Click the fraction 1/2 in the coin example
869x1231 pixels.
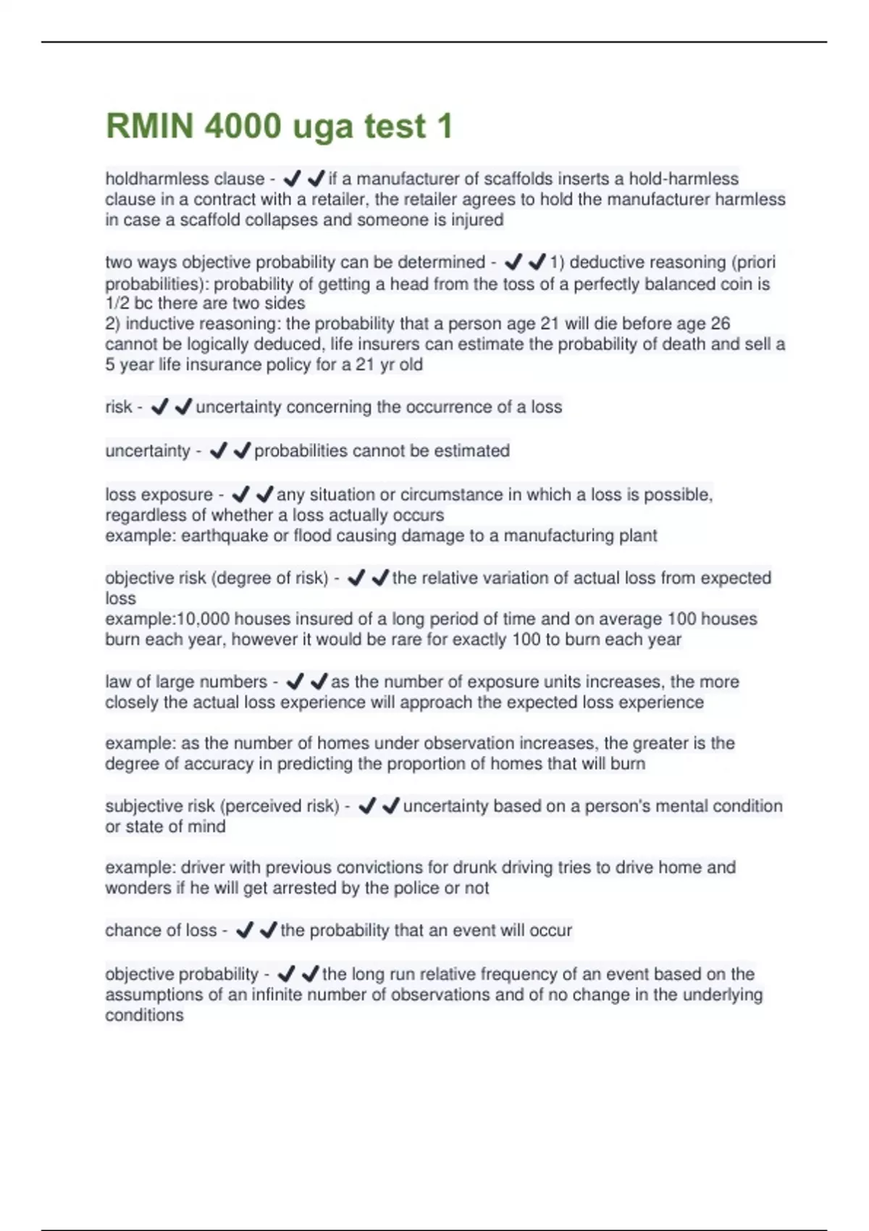tap(117, 303)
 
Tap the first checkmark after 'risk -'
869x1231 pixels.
tap(159, 408)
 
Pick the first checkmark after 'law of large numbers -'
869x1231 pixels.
tap(295, 682)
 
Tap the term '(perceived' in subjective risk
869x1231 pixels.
tap(259, 806)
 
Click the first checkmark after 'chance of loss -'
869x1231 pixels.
tap(244, 930)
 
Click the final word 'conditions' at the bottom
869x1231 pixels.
tap(144, 1015)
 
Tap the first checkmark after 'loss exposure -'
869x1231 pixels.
tap(240, 495)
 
